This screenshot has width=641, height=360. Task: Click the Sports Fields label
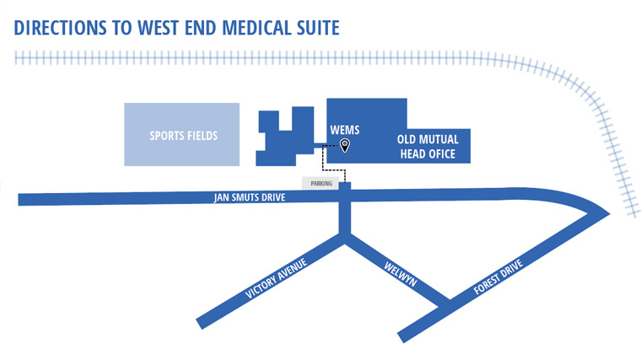183,135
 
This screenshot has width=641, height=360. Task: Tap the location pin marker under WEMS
344,145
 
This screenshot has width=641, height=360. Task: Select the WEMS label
345,132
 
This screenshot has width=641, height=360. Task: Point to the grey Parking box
320,183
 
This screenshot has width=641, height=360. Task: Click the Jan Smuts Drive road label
249,198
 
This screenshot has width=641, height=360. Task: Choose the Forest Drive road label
498,277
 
